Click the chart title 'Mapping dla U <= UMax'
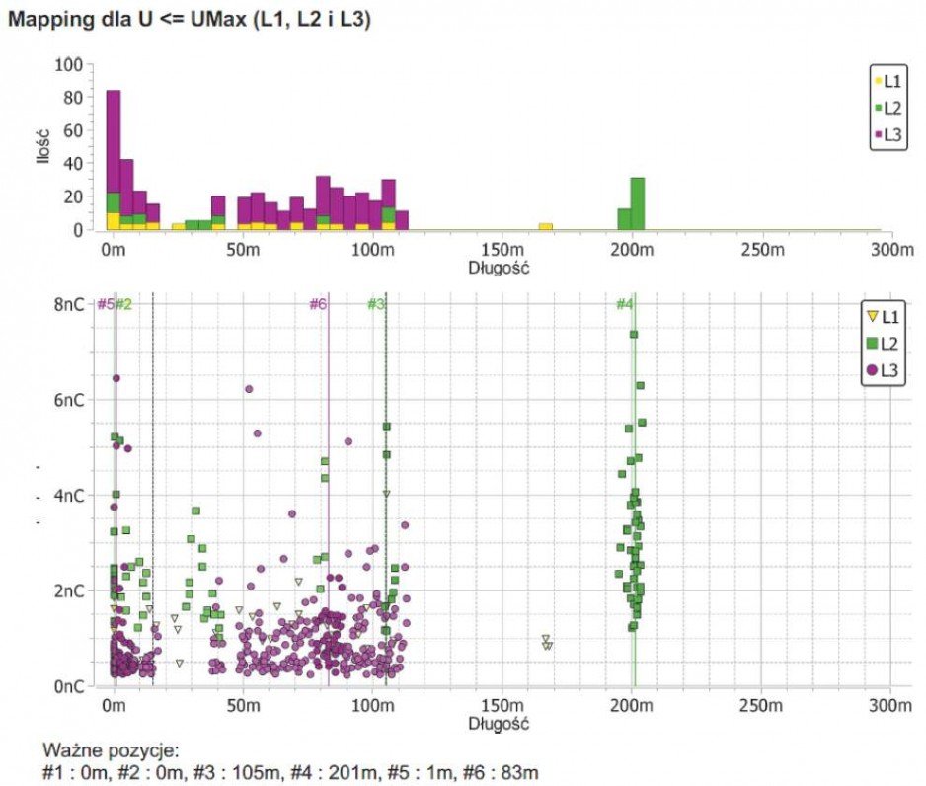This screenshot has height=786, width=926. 127,19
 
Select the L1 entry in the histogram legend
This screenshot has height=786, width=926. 887,81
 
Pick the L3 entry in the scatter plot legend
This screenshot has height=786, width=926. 883,371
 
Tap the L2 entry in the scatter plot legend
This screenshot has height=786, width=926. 883,344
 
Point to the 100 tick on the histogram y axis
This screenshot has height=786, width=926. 68,64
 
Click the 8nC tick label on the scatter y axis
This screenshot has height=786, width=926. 69,305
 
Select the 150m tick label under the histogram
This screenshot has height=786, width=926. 502,250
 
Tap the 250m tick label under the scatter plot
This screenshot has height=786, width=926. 760,706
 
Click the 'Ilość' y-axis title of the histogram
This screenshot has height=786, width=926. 42,145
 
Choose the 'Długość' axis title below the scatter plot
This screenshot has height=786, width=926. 499,724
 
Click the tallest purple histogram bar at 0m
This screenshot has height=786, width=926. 114,142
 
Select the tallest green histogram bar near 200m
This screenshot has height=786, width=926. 637,203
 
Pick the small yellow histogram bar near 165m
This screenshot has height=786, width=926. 546,226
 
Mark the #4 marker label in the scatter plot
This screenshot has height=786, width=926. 624,304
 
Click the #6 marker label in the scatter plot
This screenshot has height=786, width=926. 318,304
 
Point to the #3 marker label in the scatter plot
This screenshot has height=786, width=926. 376,304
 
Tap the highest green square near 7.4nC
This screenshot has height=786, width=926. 634,334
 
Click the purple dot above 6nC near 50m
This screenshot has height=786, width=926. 249,389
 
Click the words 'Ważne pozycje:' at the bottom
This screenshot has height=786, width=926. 111,751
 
